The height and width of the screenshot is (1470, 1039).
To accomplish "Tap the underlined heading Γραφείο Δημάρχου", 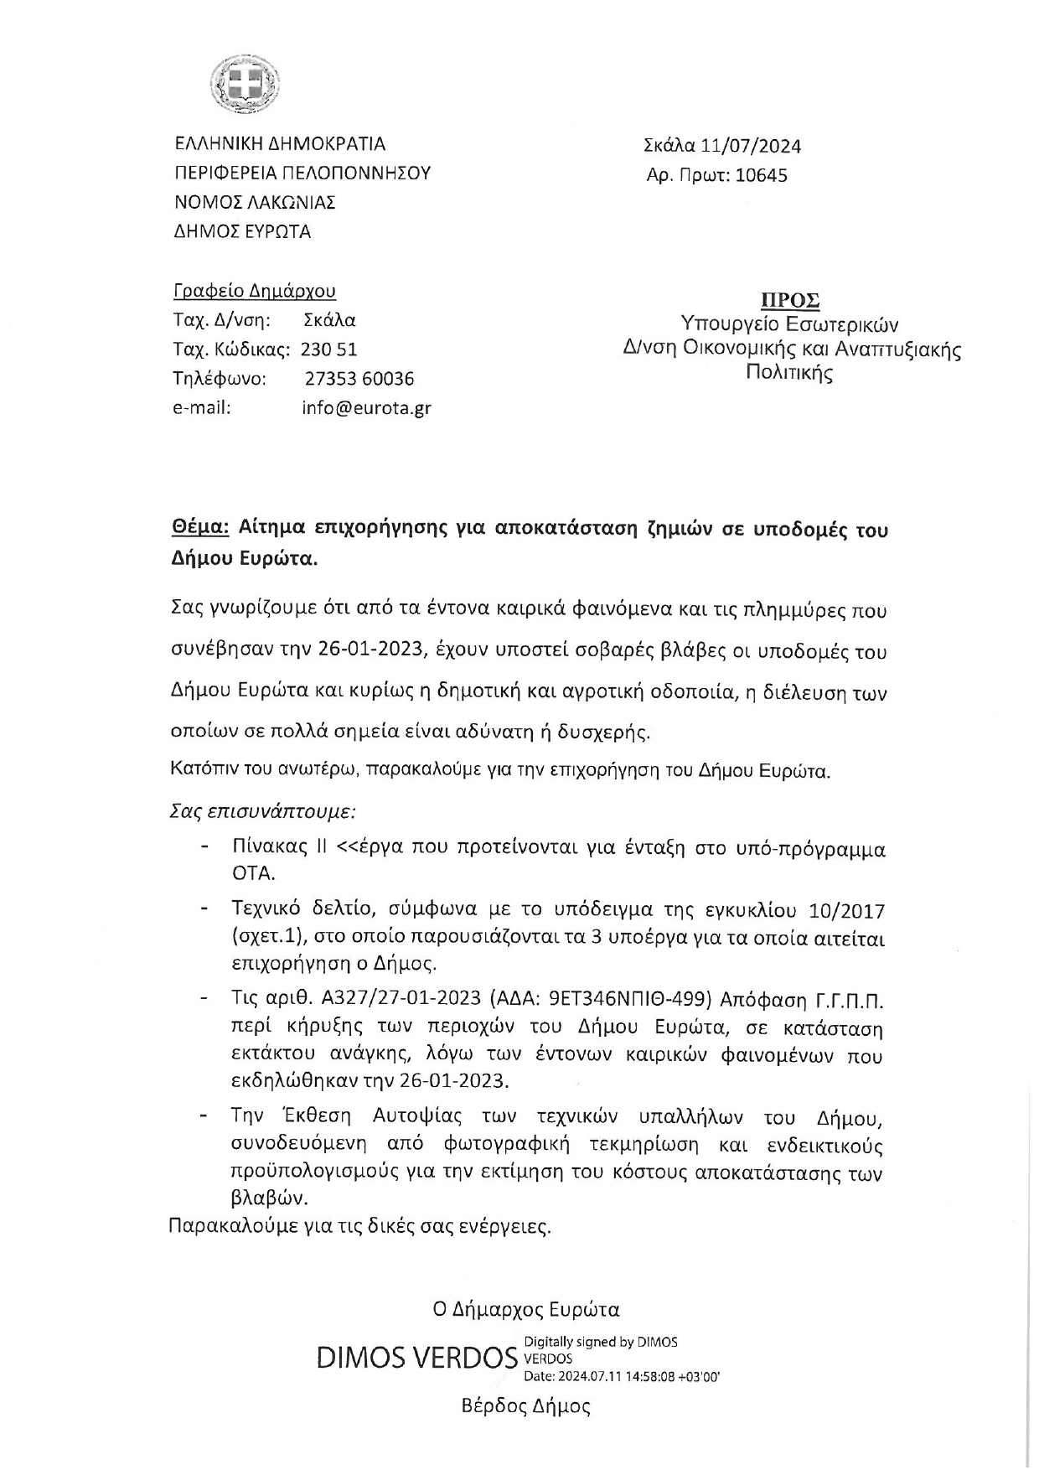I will tap(254, 291).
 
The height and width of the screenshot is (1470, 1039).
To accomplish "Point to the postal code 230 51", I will tap(328, 349).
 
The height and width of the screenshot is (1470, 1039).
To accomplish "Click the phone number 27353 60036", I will tap(359, 379).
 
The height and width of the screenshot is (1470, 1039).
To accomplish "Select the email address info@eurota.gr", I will tap(366, 408).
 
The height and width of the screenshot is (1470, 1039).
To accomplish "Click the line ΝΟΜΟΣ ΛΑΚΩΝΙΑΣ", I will tap(255, 202).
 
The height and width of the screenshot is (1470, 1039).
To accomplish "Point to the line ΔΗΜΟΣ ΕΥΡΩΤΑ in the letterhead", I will tap(242, 231).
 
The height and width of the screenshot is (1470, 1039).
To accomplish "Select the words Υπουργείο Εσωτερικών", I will tap(789, 324).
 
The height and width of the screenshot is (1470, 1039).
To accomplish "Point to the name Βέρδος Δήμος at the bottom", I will tap(525, 1406).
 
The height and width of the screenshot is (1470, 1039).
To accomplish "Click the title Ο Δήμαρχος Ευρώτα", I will tap(525, 1309).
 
